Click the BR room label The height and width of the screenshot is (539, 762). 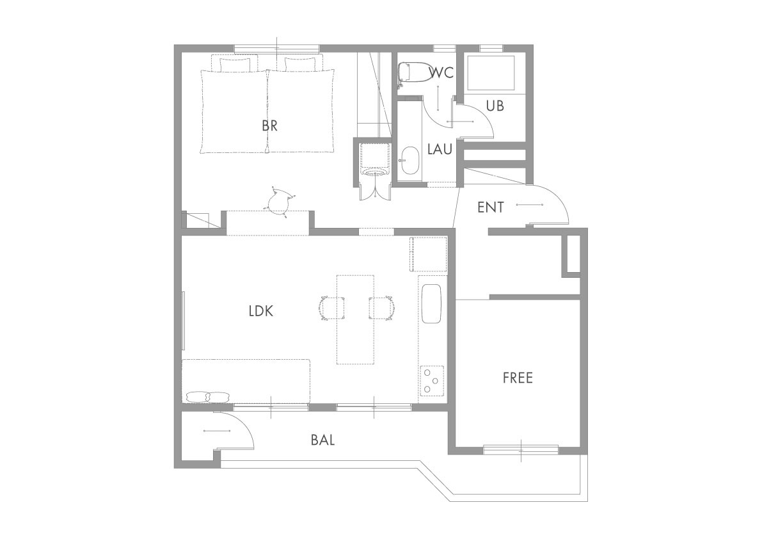point(270,126)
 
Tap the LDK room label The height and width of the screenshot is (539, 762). point(261,311)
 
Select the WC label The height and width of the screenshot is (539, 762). point(441,73)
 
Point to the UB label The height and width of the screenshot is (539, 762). point(495,106)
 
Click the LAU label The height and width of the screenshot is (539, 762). point(440,149)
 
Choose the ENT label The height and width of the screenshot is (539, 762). point(490,207)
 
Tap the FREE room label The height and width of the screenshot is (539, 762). point(518,378)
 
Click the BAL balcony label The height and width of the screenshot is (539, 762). point(322,440)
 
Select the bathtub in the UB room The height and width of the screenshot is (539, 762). point(490,73)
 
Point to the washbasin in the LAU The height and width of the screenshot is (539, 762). point(411,160)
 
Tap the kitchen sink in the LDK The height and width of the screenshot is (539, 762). point(431,304)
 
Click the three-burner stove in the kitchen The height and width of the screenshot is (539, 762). point(432,380)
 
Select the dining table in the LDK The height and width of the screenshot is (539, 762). point(355,320)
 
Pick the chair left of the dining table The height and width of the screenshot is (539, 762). point(332,308)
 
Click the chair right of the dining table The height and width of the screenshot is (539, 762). point(381,308)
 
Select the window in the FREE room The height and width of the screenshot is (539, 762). point(520,450)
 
